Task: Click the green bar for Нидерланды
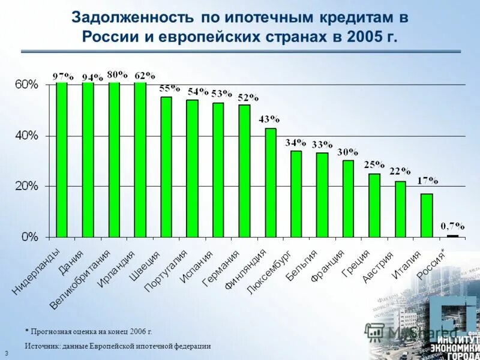point(61,159)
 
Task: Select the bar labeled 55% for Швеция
point(166,167)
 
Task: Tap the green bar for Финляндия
point(270,182)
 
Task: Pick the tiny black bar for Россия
point(452,236)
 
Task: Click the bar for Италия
point(426,215)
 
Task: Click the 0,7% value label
point(452,226)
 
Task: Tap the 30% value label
point(347,152)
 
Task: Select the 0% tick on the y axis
point(29,237)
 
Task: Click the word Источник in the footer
point(41,347)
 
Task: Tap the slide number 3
point(6,353)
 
